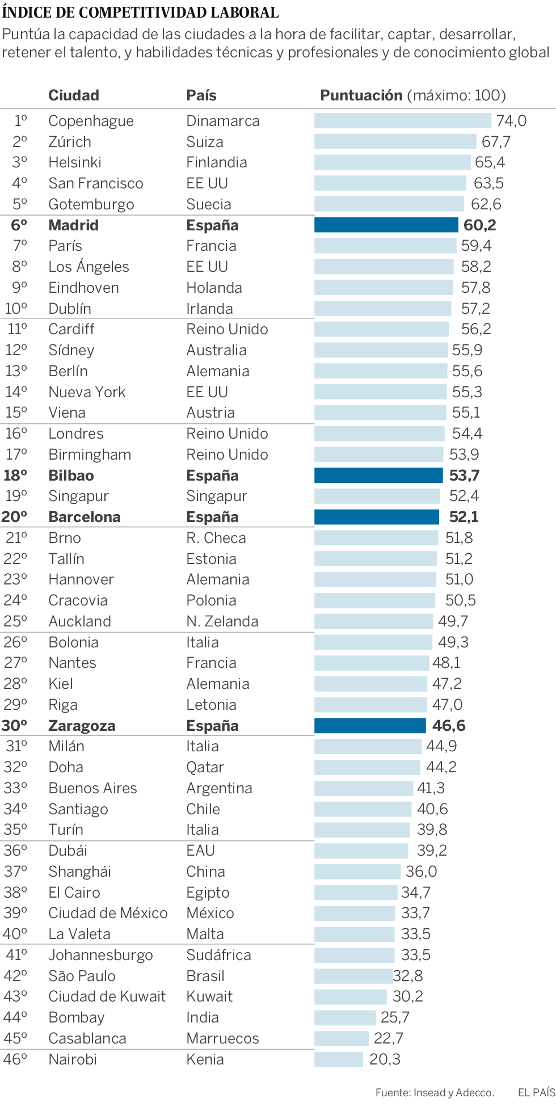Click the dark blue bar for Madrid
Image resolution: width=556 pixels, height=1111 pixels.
(x=386, y=225)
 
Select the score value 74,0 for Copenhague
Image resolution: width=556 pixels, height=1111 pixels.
(x=511, y=121)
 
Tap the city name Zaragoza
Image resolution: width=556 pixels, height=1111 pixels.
(x=82, y=726)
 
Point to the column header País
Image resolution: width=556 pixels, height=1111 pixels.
(x=201, y=95)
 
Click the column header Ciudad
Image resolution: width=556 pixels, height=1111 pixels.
(x=74, y=95)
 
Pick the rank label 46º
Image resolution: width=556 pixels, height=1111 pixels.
(x=15, y=1059)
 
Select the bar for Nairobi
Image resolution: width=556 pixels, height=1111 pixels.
(x=339, y=1059)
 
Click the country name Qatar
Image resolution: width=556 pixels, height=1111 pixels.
(x=205, y=767)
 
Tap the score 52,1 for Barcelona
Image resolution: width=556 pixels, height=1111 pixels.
(x=464, y=517)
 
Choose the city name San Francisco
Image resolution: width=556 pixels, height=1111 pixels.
(x=96, y=183)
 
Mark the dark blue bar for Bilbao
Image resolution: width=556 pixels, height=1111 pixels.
(x=378, y=475)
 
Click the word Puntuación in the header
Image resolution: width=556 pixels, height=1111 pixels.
(x=361, y=95)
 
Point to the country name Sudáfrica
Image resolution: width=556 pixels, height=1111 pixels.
(x=218, y=955)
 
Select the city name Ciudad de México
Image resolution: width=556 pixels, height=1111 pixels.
(x=108, y=913)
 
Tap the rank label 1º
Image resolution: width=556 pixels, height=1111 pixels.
(x=20, y=121)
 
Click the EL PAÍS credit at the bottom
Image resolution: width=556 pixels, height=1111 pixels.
(x=536, y=1092)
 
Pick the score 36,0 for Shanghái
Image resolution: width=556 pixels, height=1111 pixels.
(x=421, y=872)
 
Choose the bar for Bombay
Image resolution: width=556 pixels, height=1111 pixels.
(x=345, y=1017)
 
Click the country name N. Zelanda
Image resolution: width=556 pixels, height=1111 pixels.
(x=222, y=621)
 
